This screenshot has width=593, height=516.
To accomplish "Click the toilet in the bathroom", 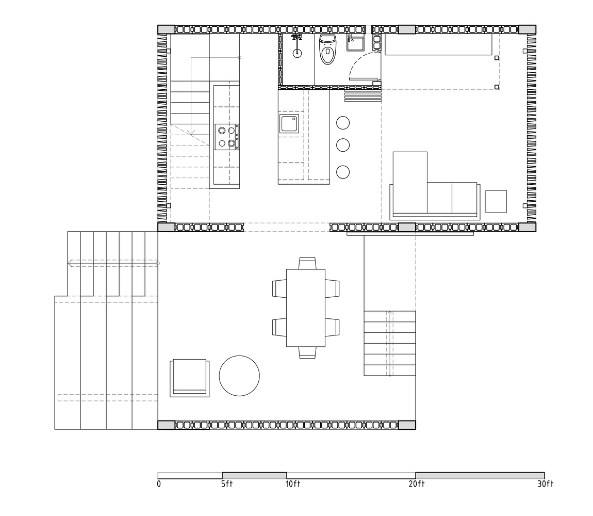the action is click(327, 49).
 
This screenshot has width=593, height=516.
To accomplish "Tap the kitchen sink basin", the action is click(289, 124).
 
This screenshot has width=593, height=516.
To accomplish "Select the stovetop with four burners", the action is click(226, 137).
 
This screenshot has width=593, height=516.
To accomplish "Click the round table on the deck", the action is click(239, 376).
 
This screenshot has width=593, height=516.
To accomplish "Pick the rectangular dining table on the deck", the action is click(306, 308).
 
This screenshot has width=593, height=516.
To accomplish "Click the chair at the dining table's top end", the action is click(307, 263).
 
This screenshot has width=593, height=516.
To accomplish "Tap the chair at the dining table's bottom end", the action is click(307, 352).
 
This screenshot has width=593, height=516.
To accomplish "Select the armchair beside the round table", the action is click(189, 378).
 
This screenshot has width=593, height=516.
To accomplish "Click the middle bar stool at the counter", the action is click(343, 145).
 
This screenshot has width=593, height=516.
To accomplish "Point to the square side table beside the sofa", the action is click(496, 201).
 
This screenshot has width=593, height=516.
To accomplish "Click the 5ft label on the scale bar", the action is click(227, 484).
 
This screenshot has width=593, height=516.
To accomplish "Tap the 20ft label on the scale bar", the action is click(417, 484).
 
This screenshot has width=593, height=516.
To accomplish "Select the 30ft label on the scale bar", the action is click(546, 484).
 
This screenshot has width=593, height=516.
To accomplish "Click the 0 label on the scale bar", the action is click(159, 484).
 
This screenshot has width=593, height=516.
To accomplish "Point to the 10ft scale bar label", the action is click(293, 484).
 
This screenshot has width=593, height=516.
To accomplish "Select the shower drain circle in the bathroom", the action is click(297, 53).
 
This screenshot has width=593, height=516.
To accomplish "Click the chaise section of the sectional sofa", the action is click(410, 183).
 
